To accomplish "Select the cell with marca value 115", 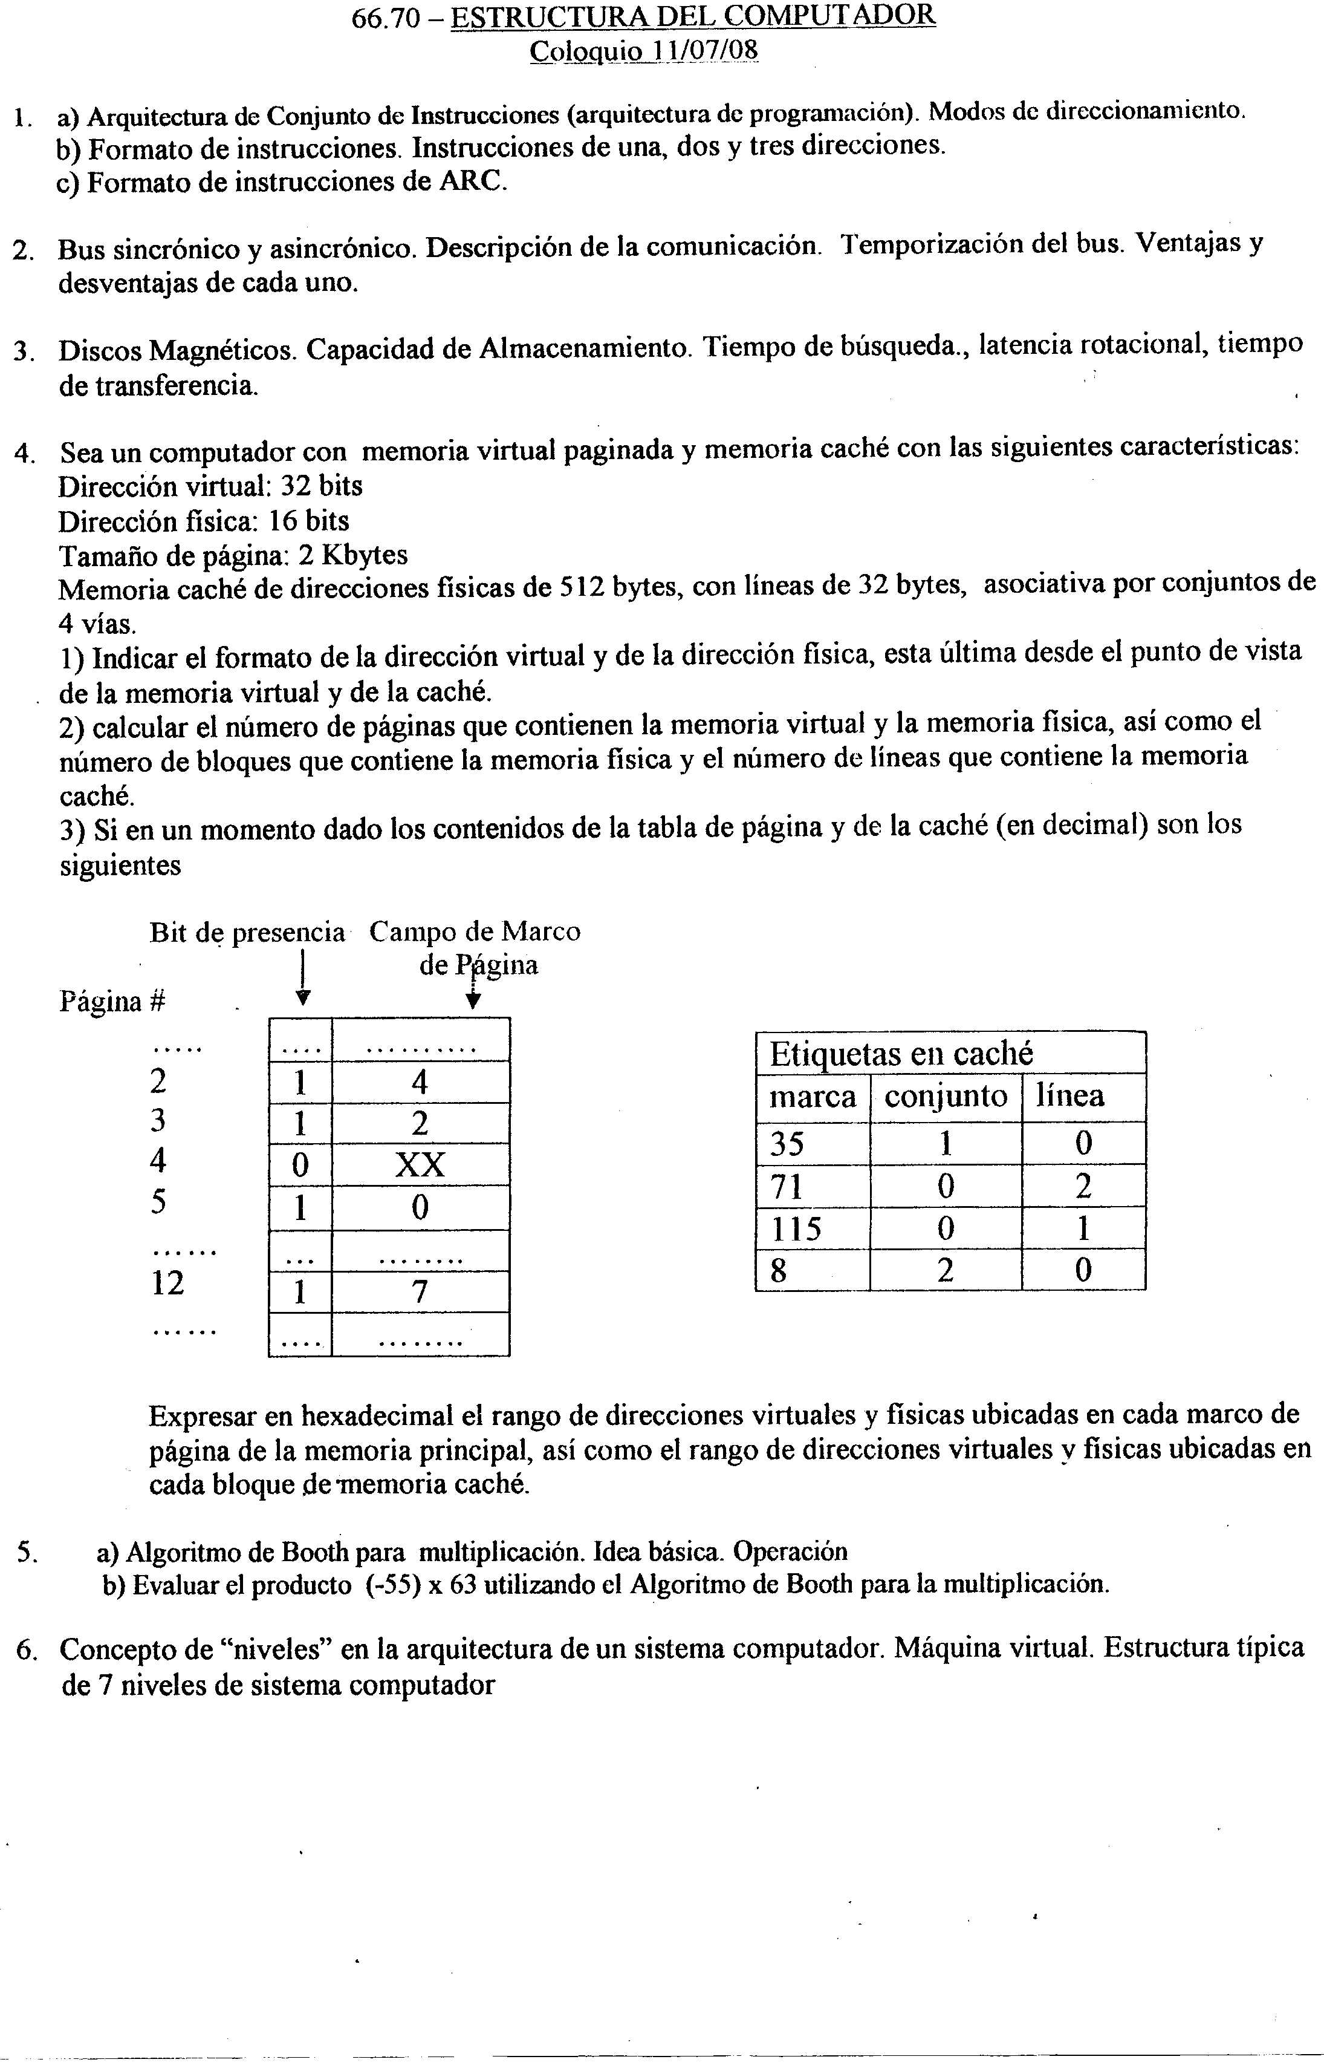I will click(x=796, y=1228).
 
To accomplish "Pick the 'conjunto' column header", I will click(x=946, y=1097).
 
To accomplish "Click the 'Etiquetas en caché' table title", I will click(x=900, y=1053).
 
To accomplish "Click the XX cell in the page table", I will click(x=420, y=1165).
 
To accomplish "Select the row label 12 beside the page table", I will click(x=167, y=1284).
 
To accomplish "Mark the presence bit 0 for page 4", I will click(x=300, y=1165).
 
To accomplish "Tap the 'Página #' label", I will click(x=112, y=1002).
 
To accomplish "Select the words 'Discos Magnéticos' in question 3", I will click(x=179, y=351).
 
